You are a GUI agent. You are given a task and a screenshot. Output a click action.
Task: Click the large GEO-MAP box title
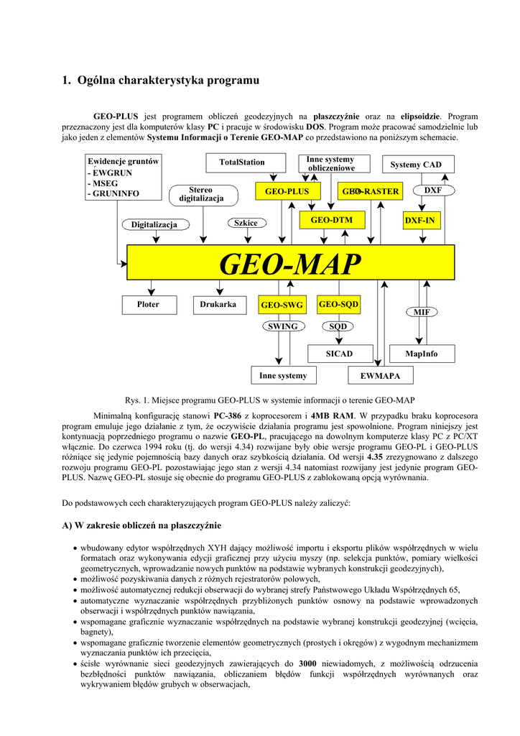pyautogui.click(x=289, y=264)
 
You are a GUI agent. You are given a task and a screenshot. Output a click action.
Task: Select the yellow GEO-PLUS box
pyautogui.click(x=287, y=191)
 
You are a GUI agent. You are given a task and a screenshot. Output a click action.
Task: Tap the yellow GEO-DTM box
pyautogui.click(x=327, y=218)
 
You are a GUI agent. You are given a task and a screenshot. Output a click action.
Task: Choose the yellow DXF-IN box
pyautogui.click(x=419, y=220)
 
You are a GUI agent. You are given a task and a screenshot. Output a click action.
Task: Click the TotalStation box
pyautogui.click(x=242, y=162)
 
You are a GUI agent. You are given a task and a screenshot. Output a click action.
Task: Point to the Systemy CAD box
pyautogui.click(x=416, y=165)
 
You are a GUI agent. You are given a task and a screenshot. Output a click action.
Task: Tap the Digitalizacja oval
pyautogui.click(x=154, y=225)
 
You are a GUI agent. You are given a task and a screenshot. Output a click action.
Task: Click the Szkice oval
pyautogui.click(x=246, y=223)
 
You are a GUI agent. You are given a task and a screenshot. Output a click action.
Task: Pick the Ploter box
pyautogui.click(x=148, y=305)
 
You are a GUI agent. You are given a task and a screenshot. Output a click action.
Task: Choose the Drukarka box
pyautogui.click(x=218, y=305)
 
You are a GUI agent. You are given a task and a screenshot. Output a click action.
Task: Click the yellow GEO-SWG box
pyautogui.click(x=282, y=305)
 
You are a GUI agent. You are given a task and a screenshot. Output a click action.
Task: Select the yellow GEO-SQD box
pyautogui.click(x=338, y=305)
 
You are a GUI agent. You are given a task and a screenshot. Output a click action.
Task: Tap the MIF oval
pyautogui.click(x=422, y=312)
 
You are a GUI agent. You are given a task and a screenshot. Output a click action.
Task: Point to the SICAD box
pyautogui.click(x=339, y=354)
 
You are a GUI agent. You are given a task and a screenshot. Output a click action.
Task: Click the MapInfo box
pyautogui.click(x=421, y=354)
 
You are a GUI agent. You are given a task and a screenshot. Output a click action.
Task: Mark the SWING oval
pyautogui.click(x=282, y=326)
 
